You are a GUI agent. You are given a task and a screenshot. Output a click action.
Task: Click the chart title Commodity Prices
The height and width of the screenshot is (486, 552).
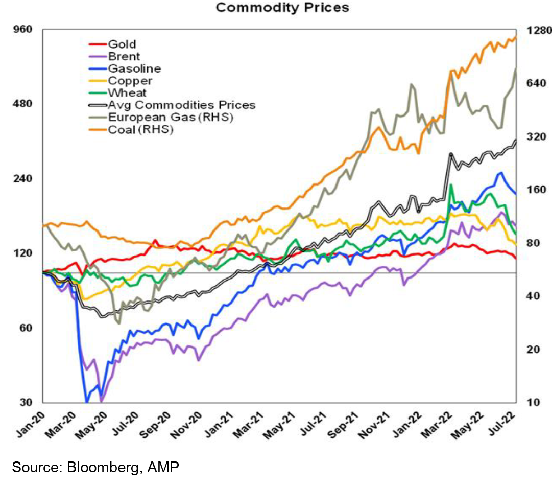pyautogui.click(x=282, y=7)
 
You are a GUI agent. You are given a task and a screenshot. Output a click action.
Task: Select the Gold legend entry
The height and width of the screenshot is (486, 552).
pyautogui.click(x=112, y=44)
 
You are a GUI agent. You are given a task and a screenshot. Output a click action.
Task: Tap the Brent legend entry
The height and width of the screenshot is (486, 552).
pyautogui.click(x=114, y=56)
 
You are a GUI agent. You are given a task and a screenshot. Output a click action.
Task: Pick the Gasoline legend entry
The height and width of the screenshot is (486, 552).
pyautogui.click(x=125, y=68)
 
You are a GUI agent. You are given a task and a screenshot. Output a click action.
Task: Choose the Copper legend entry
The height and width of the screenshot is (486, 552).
pyautogui.click(x=121, y=81)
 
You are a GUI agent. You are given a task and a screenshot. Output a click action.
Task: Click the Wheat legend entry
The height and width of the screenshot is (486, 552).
pyautogui.click(x=117, y=92)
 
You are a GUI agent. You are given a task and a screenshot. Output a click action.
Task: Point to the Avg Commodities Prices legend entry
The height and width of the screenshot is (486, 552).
pyautogui.click(x=172, y=105)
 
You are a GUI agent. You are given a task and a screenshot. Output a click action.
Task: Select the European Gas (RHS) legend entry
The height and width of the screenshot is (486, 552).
pyautogui.click(x=161, y=117)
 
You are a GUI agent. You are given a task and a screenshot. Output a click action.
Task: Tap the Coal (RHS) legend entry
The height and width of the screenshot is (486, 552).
pyautogui.click(x=131, y=129)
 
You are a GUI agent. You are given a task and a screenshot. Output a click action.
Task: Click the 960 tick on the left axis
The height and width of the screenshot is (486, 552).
pyautogui.click(x=23, y=29)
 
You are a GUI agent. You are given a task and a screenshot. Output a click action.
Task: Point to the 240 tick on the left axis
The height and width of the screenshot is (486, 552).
pyautogui.click(x=23, y=178)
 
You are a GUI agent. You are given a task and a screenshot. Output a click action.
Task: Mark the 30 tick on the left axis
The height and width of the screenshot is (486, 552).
pyautogui.click(x=26, y=402)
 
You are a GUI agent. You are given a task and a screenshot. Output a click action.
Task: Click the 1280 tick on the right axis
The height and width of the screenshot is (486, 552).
pyautogui.click(x=539, y=30)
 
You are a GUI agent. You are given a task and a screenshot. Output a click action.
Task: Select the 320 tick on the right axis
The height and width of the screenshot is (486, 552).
pyautogui.click(x=537, y=136)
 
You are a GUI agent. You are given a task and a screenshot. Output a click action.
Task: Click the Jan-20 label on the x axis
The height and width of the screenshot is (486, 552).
pyautogui.click(x=31, y=425)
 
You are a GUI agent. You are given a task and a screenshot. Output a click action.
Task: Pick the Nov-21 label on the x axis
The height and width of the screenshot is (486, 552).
pyautogui.click(x=374, y=425)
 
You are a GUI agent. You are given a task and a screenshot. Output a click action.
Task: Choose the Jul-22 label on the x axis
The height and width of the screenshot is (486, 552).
pyautogui.click(x=502, y=425)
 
